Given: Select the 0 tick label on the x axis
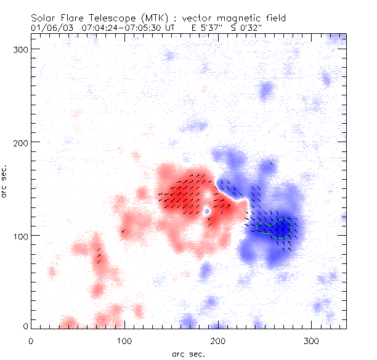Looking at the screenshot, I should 30,340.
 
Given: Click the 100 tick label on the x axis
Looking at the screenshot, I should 124,340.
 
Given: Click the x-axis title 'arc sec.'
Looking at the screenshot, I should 188,353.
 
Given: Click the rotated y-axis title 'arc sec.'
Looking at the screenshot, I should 6,182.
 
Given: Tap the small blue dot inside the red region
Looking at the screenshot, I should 207,211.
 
